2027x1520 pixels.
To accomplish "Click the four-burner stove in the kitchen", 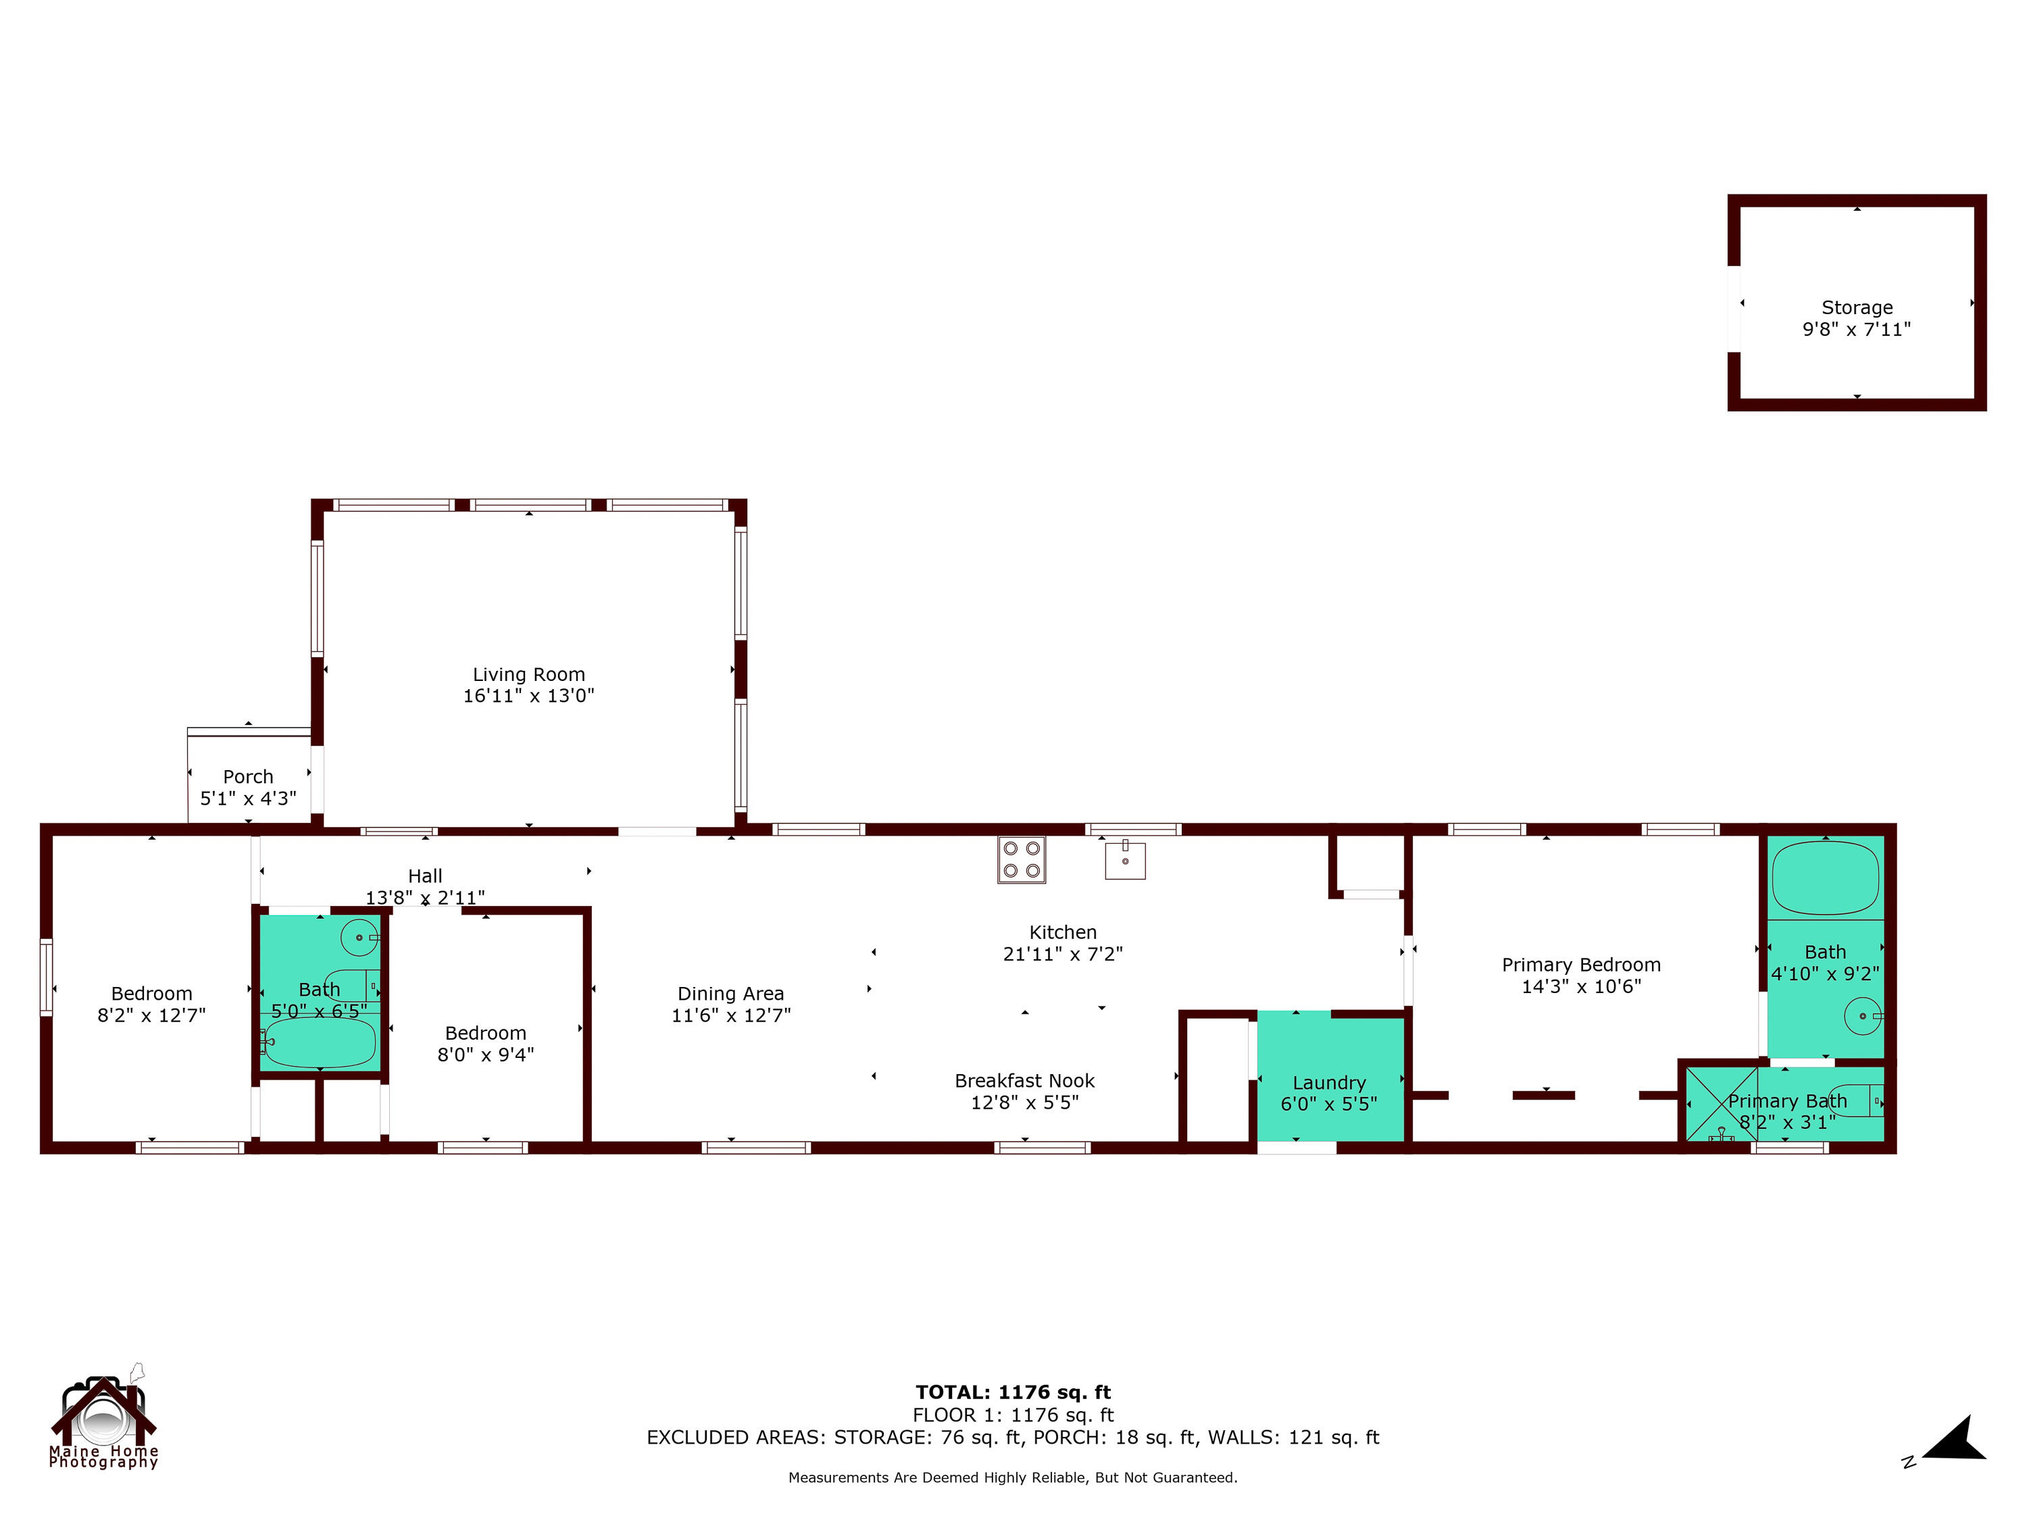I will coord(1021,859).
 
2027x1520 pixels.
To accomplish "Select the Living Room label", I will coord(529,674).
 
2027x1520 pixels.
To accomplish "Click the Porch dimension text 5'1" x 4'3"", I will coord(249,798).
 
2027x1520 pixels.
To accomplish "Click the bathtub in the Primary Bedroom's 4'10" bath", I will coord(1824,878).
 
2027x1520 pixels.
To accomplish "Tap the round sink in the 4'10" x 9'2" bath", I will coord(1862,1016).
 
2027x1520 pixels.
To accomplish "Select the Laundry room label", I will coord(1329,1083).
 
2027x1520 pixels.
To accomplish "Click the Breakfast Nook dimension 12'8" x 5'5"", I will coord(1024,1103).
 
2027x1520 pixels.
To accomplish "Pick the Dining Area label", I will coord(730,993).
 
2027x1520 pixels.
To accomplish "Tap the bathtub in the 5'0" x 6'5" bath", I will coord(319,1042).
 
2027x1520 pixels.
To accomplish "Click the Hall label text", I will coord(425,876).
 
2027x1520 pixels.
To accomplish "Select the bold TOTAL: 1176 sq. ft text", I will coord(1013,1392).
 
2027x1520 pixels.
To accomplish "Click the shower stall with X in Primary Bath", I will coord(1721,1103).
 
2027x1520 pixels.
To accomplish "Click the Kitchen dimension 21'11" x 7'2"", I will coord(1062,954).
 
